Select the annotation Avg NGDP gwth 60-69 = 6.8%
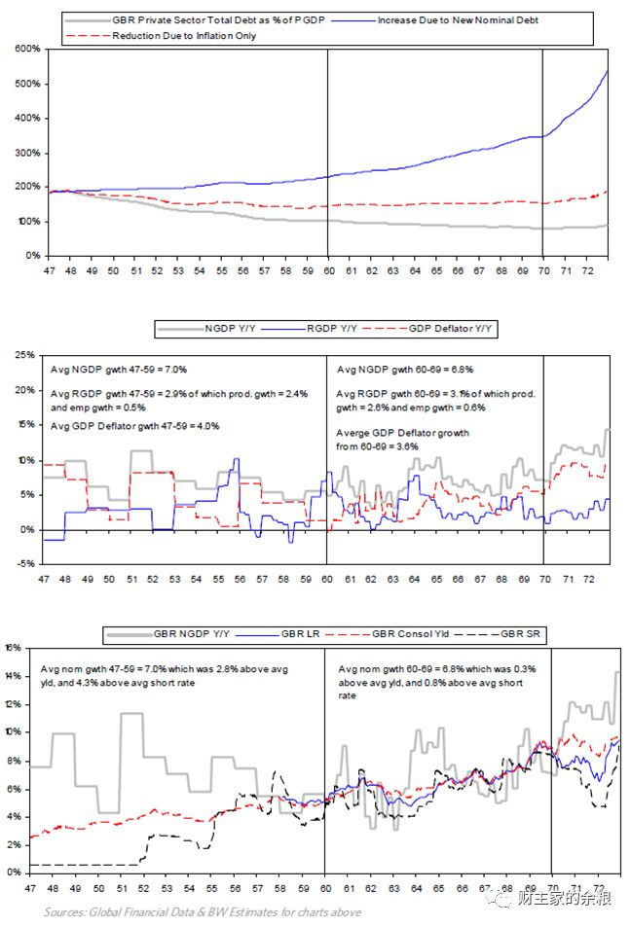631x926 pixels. click(394, 371)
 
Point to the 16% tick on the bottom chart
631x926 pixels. click(15, 647)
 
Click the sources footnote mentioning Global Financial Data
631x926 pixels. click(203, 912)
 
